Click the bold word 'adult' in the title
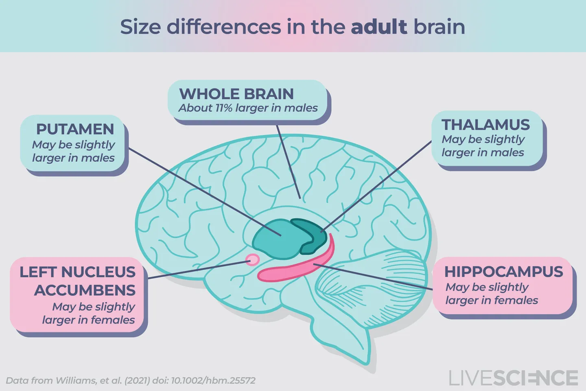pos(378,27)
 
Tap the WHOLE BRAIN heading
pos(236,94)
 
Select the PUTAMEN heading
pos(75,130)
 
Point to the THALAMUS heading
pos(485,125)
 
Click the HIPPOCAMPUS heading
pos(504,272)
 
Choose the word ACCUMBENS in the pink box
pos(85,290)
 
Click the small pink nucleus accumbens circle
pos(253,259)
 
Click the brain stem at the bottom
pos(346,334)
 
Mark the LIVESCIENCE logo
pos(514,378)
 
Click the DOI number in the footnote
pos(213,381)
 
